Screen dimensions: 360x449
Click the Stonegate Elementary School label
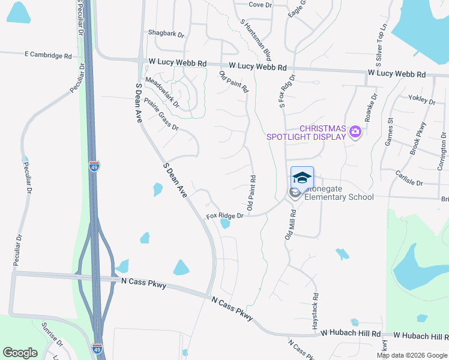coord(339,197)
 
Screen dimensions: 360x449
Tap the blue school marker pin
coord(302,178)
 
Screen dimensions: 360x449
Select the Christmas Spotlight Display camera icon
coord(355,131)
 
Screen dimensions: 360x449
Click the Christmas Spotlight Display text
coord(306,133)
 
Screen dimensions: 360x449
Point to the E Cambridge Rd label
coord(49,55)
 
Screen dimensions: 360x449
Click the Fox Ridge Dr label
coord(224,215)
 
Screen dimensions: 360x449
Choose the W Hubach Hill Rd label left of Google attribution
coord(351,333)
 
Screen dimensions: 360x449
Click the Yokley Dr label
coord(421,99)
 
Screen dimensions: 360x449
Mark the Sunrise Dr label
coord(52,335)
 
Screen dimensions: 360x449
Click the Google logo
coord(20,353)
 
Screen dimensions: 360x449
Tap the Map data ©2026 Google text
coord(411,355)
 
